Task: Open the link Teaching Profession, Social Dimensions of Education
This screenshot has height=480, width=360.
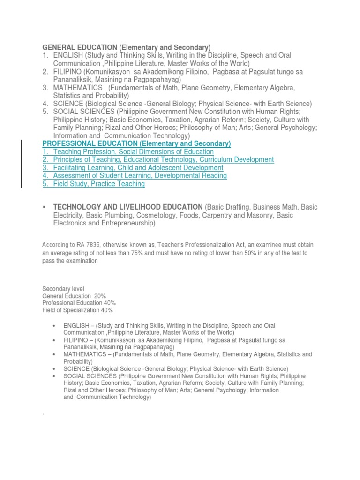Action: [x=133, y=152]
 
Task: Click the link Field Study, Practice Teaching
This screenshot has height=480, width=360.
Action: [x=99, y=184]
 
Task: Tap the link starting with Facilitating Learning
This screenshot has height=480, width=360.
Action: [x=138, y=168]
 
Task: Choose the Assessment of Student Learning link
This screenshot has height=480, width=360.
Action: [x=140, y=176]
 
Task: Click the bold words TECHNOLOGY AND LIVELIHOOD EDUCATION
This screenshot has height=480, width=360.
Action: [x=127, y=207]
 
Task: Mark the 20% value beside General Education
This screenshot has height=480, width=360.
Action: [x=99, y=296]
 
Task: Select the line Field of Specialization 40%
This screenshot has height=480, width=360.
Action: [x=77, y=310]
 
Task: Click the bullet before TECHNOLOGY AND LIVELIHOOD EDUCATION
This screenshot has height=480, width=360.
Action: [x=44, y=207]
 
